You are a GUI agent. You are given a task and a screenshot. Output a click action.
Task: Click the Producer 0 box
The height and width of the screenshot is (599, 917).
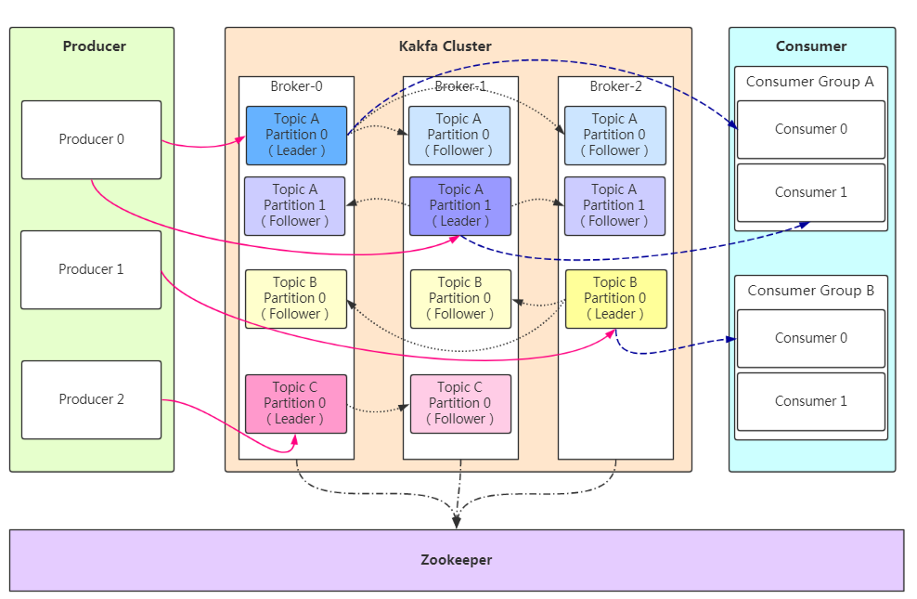click(x=91, y=140)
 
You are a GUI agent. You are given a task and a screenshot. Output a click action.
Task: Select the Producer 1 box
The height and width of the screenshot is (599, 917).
click(x=91, y=269)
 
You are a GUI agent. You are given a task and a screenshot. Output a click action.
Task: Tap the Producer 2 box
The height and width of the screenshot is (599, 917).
click(x=91, y=399)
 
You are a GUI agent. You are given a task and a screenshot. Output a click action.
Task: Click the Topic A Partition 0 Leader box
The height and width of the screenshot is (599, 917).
click(x=296, y=136)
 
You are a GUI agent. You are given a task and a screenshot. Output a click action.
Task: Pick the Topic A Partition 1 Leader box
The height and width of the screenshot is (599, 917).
click(x=460, y=206)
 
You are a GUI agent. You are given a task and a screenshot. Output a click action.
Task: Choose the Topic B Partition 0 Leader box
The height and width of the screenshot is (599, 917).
click(x=615, y=298)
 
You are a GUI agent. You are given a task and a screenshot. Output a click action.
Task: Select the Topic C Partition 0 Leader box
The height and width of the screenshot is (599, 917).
click(x=296, y=404)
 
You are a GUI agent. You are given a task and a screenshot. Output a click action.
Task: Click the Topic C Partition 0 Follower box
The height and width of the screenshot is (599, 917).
click(x=460, y=404)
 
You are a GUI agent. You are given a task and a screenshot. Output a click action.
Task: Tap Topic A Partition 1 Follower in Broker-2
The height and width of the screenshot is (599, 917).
click(x=614, y=206)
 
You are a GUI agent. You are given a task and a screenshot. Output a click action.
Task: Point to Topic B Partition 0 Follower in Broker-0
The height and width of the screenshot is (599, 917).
click(x=296, y=298)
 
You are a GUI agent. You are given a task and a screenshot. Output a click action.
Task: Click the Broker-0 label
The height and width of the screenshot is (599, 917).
click(x=296, y=86)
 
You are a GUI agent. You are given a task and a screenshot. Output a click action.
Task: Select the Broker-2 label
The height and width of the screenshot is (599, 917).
click(x=615, y=86)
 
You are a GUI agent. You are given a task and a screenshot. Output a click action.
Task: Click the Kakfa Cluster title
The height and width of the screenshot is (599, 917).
click(x=446, y=46)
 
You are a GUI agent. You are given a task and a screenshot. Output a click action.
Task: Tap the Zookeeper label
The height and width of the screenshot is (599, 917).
click(x=456, y=560)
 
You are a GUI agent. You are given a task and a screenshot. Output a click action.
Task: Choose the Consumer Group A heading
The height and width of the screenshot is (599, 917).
click(x=810, y=82)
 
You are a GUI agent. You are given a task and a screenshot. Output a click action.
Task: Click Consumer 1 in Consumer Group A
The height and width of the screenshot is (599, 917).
click(x=811, y=192)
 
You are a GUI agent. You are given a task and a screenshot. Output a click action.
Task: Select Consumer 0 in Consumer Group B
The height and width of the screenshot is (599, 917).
click(x=811, y=338)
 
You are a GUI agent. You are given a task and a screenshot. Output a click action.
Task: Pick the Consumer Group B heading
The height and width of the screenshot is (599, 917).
click(x=810, y=291)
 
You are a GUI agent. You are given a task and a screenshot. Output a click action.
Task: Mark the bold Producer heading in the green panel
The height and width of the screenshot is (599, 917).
click(x=94, y=46)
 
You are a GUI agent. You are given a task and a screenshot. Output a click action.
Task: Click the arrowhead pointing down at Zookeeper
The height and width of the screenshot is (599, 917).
click(x=456, y=522)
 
